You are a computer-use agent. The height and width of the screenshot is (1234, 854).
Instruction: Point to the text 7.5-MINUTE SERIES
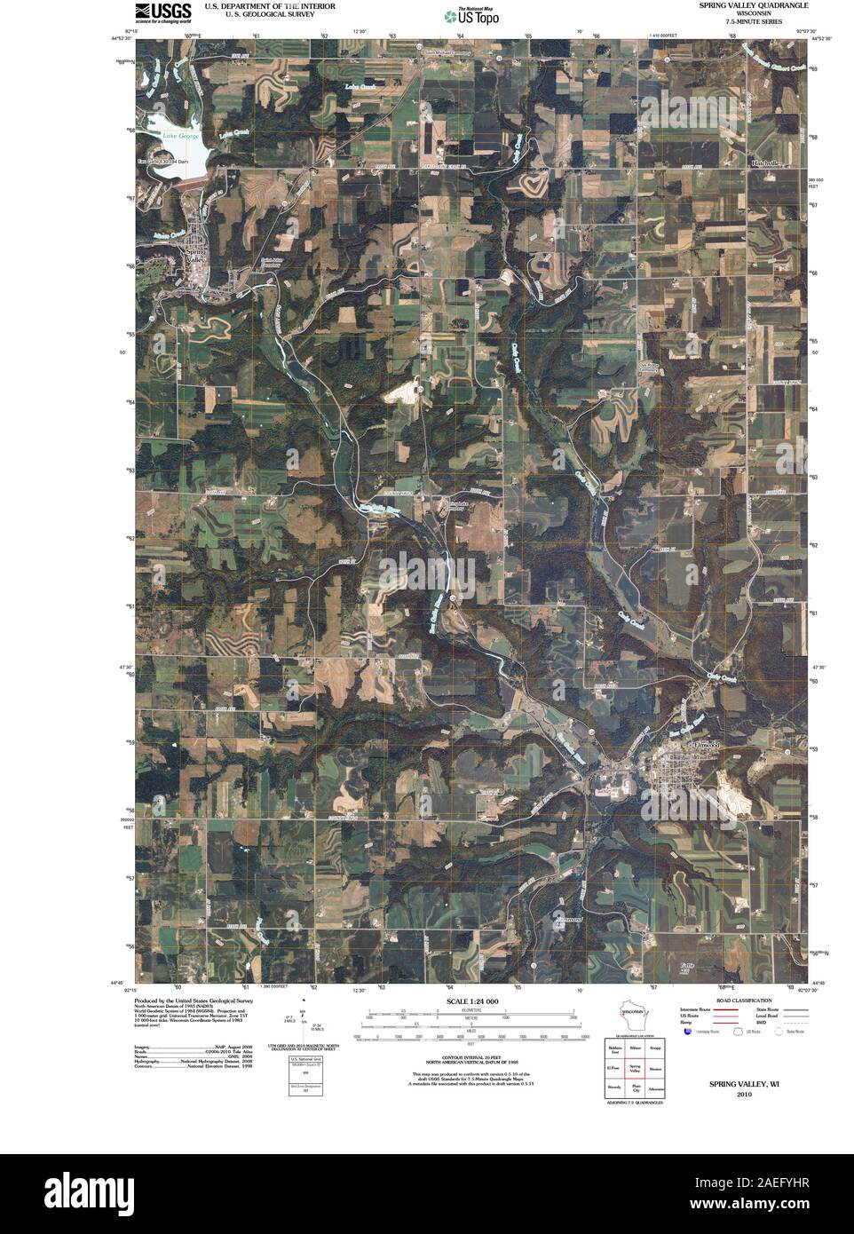click(x=753, y=20)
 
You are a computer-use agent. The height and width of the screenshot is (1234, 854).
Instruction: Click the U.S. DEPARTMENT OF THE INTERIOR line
click(x=257, y=5)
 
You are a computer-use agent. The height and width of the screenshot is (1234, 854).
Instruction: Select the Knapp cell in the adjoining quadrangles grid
click(x=656, y=1048)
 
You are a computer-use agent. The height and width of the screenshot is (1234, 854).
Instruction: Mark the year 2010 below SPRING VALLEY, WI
click(x=743, y=1095)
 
